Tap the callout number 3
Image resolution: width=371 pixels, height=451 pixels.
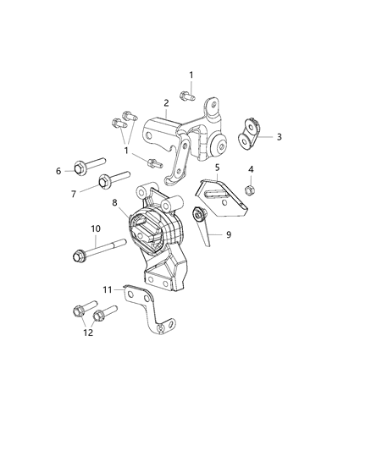click(279, 135)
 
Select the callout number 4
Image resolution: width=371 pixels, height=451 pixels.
click(251, 170)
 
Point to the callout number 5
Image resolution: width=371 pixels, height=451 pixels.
click(218, 168)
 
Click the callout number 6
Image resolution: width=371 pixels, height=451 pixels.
click(59, 171)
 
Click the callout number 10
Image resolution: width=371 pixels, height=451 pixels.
click(96, 228)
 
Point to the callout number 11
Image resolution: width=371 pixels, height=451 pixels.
click(107, 289)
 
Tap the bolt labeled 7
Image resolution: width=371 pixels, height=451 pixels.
click(114, 179)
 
